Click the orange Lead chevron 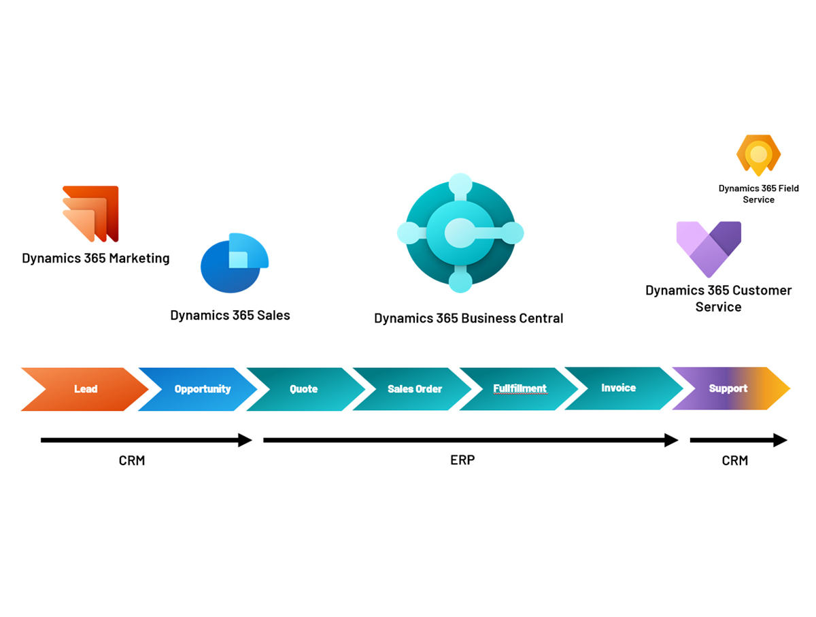click(86, 389)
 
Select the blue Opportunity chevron click(202, 389)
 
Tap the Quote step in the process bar click(304, 389)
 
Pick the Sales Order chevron click(414, 389)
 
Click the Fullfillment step click(520, 388)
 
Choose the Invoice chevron click(619, 388)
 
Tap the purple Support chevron click(728, 388)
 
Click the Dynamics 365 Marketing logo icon click(91, 213)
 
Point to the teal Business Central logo click(460, 233)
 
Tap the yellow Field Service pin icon click(758, 155)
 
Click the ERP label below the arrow click(462, 460)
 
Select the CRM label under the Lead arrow click(132, 461)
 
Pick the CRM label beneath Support click(734, 461)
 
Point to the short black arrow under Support click(738, 440)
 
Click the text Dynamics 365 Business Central click(469, 318)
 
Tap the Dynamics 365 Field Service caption click(758, 194)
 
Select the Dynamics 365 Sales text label click(230, 315)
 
